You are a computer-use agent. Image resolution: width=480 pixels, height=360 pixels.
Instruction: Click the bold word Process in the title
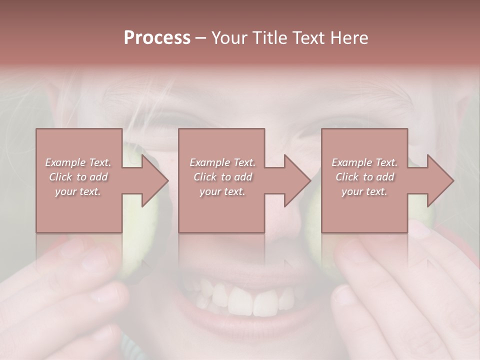(157, 38)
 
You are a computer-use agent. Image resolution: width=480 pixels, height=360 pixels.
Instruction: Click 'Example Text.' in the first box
(78, 162)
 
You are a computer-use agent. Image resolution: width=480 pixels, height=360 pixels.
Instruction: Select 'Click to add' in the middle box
(222, 177)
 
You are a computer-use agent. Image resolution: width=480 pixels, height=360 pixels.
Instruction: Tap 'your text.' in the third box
(364, 191)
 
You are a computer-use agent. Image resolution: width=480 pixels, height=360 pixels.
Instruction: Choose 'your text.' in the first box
(78, 191)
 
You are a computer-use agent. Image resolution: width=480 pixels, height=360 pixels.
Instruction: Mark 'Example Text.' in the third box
(364, 162)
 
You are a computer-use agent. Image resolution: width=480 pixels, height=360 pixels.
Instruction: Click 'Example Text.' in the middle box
(222, 162)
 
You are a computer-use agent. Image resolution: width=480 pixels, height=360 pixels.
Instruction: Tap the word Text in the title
(310, 38)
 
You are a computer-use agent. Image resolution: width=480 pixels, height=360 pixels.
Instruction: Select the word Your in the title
(230, 38)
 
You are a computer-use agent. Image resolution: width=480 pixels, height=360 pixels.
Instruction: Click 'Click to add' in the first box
(78, 177)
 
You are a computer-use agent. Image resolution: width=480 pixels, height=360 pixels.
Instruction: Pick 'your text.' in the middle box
(222, 191)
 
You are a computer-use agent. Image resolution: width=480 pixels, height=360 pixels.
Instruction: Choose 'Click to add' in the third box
(364, 177)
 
